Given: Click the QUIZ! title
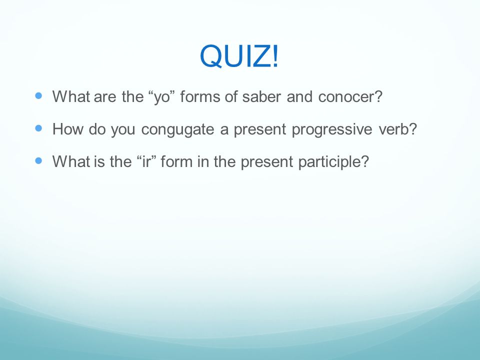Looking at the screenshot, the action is click(x=239, y=56).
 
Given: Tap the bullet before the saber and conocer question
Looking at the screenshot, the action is click(x=38, y=95).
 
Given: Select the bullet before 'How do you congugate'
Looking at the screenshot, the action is click(x=38, y=128).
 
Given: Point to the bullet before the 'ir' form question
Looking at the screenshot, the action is click(x=38, y=160).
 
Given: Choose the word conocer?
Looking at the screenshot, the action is click(x=350, y=97).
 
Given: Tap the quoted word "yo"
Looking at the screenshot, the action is click(x=161, y=97).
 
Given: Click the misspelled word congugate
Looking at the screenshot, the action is click(x=177, y=129).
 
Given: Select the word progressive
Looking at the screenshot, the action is click(x=332, y=129).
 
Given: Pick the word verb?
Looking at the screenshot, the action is click(x=398, y=129).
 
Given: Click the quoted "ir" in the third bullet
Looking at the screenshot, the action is click(x=146, y=161).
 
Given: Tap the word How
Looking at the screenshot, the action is click(x=67, y=129).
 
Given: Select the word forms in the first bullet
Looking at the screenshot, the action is click(x=200, y=96).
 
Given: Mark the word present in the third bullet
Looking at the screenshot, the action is click(x=266, y=162).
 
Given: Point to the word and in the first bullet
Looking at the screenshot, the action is click(x=299, y=96).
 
